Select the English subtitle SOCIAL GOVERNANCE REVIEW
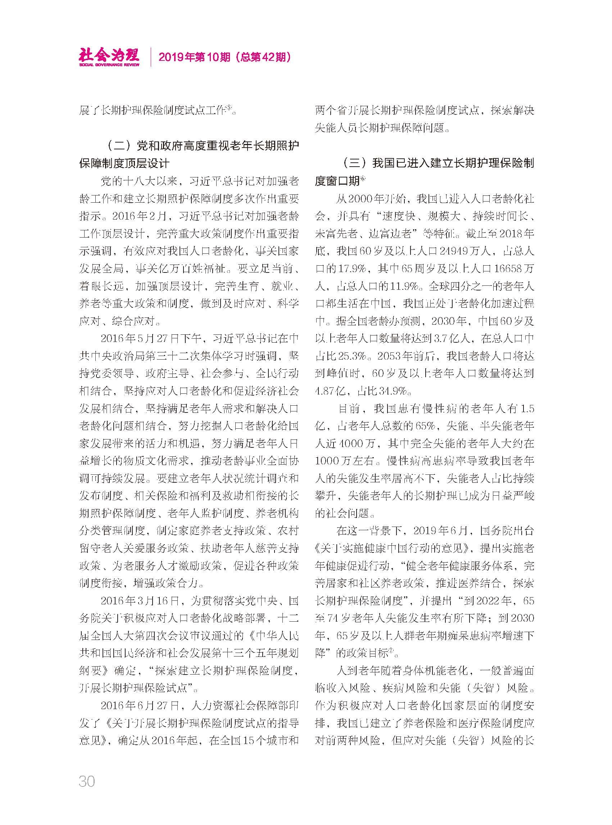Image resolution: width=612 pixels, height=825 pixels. (x=109, y=64)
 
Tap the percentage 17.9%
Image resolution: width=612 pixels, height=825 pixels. (x=352, y=268)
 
